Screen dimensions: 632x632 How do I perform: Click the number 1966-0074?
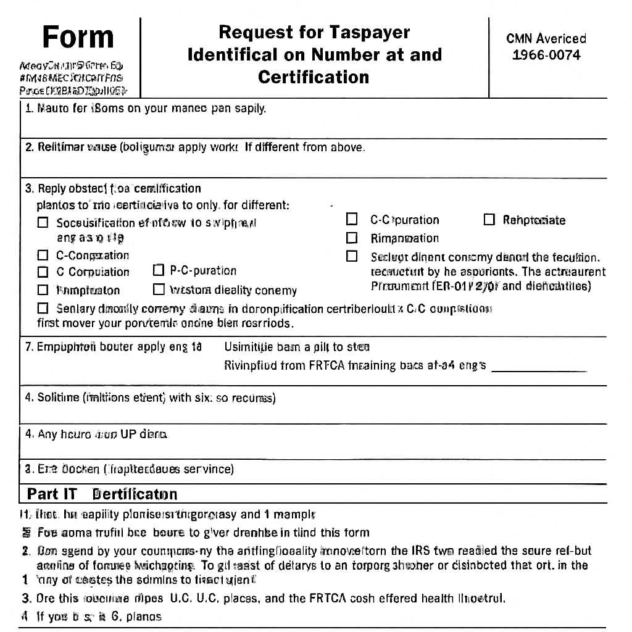546,55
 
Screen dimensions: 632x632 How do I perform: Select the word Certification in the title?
314,77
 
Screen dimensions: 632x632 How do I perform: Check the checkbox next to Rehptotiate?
489,220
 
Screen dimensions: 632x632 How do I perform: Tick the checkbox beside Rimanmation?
352,238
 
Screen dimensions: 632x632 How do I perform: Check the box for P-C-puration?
159,270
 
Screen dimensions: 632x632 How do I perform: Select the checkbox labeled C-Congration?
43,255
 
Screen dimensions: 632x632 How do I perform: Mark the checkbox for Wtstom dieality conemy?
159,289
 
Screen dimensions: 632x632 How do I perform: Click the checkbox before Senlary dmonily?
43,308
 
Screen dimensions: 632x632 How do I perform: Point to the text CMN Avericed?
546,38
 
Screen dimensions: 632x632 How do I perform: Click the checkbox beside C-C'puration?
352,219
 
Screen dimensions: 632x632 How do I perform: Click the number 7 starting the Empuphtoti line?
28,346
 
